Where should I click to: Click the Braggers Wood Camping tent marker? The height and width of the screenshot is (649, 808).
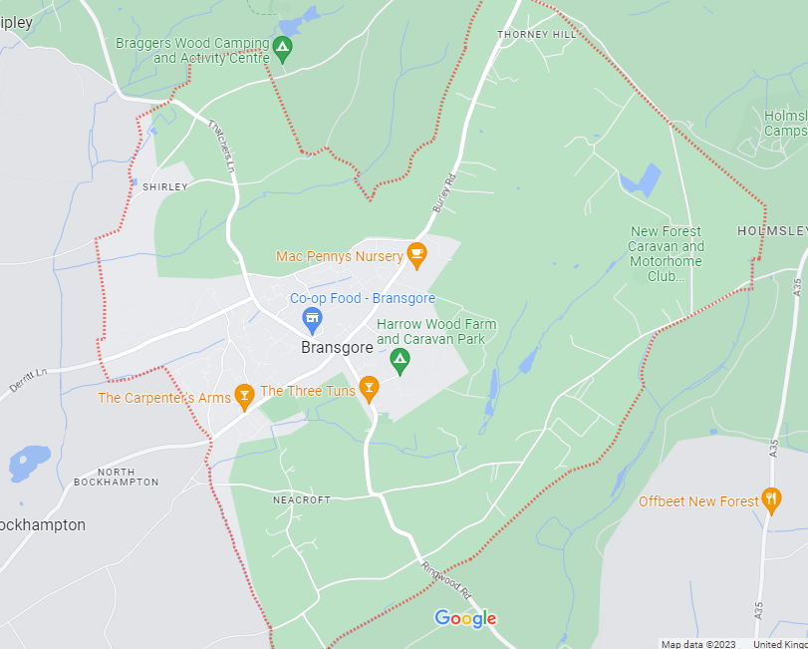(x=282, y=48)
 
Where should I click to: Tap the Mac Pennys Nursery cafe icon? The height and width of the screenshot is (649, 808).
(x=417, y=255)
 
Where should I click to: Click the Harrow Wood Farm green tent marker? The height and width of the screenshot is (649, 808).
(x=401, y=360)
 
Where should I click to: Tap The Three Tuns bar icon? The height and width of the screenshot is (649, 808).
(x=369, y=389)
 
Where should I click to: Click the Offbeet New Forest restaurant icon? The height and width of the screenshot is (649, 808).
(x=770, y=499)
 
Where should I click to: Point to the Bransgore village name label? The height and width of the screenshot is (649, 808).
(x=337, y=348)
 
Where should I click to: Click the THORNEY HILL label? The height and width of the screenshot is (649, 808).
(x=537, y=34)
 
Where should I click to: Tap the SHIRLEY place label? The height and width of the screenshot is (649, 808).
(x=164, y=186)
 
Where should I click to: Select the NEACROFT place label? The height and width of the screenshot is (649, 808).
(x=302, y=499)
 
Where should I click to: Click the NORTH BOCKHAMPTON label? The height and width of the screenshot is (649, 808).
(x=116, y=476)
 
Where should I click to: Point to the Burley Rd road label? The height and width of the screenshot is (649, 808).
(x=443, y=192)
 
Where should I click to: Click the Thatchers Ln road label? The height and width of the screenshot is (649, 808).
(x=220, y=147)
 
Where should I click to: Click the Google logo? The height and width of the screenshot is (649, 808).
(x=465, y=619)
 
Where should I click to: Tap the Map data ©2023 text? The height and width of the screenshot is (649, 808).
(x=697, y=643)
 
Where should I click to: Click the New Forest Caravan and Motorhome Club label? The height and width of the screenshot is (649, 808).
(x=667, y=253)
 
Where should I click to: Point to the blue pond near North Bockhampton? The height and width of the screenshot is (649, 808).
(x=29, y=462)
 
